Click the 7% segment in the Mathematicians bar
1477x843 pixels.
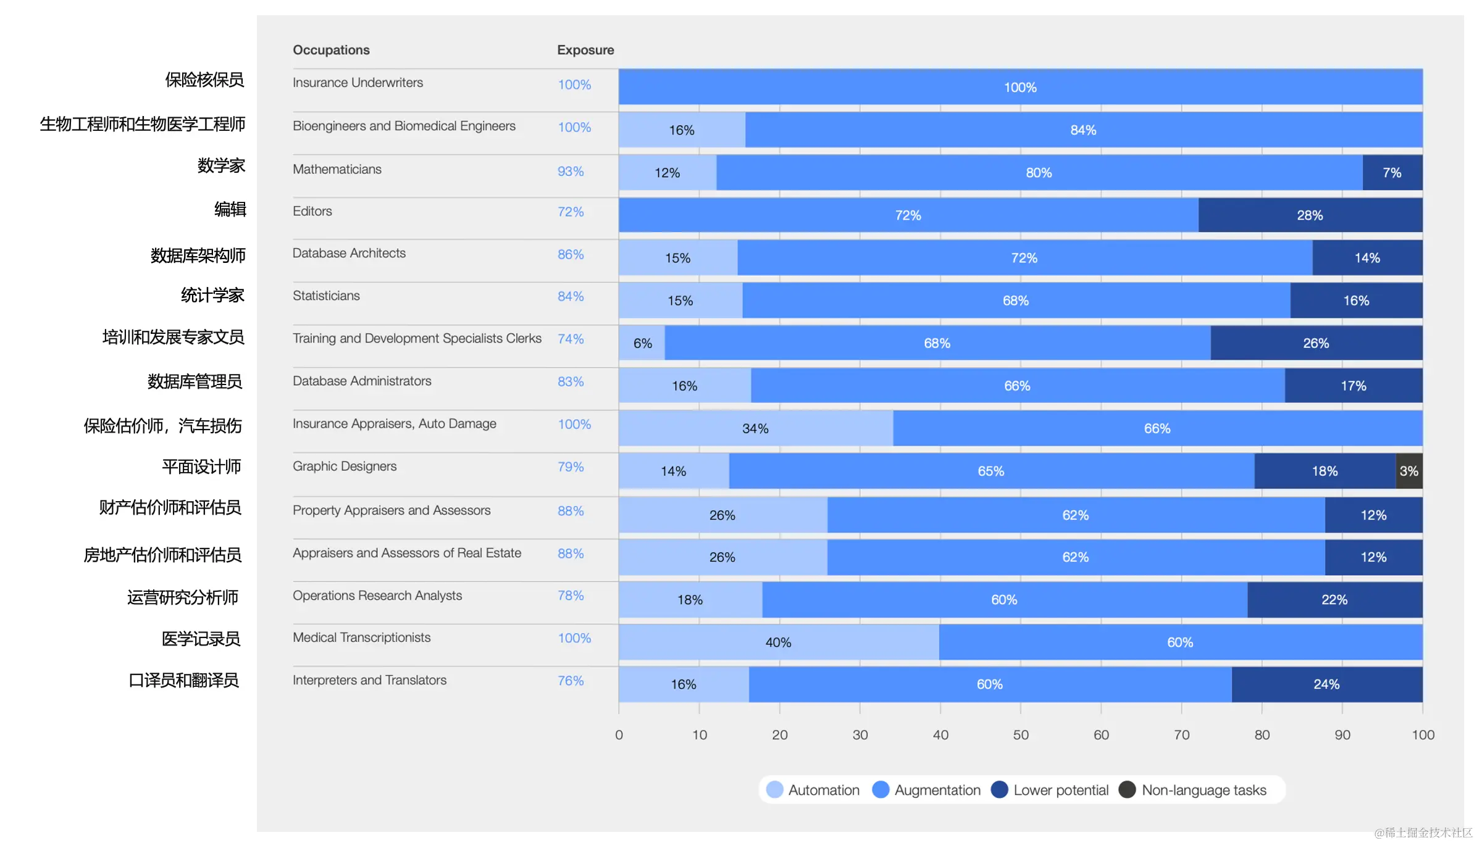click(x=1392, y=173)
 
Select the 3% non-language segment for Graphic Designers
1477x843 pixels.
click(x=1408, y=471)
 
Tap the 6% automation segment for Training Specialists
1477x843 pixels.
click(x=642, y=343)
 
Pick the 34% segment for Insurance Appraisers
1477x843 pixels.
click(x=755, y=428)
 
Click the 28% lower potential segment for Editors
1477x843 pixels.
click(x=1310, y=215)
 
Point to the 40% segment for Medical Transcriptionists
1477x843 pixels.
click(x=778, y=642)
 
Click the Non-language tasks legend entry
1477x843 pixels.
click(x=1193, y=790)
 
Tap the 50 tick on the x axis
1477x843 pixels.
click(x=1021, y=734)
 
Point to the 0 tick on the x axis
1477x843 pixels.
click(x=619, y=734)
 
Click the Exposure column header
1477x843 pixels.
click(x=585, y=50)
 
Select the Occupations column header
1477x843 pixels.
click(x=331, y=50)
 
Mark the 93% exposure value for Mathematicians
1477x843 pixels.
click(x=571, y=172)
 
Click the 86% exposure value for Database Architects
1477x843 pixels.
click(x=571, y=254)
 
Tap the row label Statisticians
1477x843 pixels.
click(x=326, y=296)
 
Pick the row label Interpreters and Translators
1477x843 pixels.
click(x=369, y=680)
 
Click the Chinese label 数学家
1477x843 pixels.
click(x=221, y=165)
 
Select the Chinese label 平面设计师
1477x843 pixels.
click(x=201, y=467)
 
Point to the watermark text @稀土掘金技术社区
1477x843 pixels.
click(x=1423, y=833)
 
